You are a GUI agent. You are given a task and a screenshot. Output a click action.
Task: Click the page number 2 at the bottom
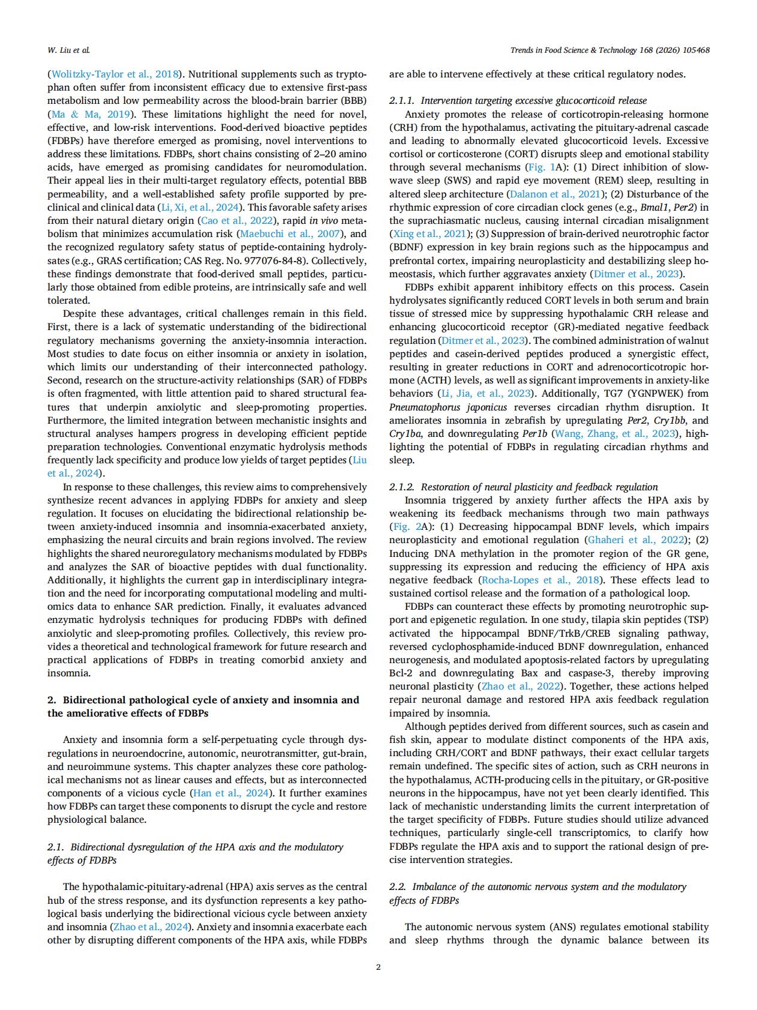[x=378, y=967]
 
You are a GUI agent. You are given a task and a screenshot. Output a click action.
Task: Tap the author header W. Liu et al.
[x=68, y=50]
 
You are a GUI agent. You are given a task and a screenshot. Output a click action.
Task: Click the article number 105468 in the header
[x=693, y=50]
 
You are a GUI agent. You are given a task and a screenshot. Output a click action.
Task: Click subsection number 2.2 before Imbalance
[x=397, y=886]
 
